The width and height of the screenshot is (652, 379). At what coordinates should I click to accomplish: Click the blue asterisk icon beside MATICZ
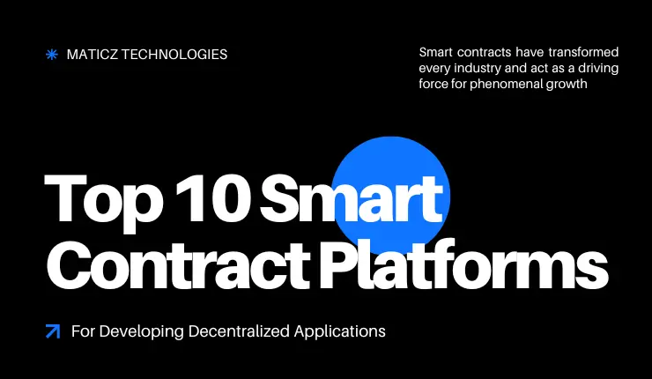pos(51,55)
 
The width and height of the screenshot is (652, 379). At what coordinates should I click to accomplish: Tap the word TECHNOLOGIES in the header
pos(176,55)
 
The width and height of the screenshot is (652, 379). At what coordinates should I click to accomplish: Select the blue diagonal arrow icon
pos(52,332)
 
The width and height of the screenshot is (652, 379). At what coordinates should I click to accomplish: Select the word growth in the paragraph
pos(567,84)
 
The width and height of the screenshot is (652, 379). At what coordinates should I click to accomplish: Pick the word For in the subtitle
pos(83,332)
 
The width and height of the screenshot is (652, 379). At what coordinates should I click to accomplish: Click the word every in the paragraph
pos(436,68)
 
